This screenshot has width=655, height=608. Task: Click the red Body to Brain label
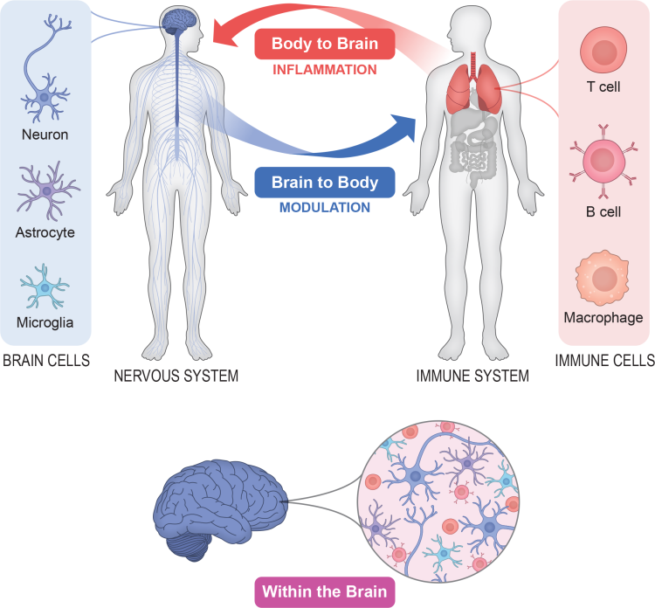pos(324,44)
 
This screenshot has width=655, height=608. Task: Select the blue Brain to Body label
pos(324,182)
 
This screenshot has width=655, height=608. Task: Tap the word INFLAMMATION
pos(324,69)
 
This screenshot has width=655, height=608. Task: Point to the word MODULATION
pos(324,207)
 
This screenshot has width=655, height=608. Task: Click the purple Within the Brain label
pos(324,591)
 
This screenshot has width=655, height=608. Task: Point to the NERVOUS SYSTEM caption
pos(176,377)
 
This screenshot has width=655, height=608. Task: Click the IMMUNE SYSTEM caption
pos(471,377)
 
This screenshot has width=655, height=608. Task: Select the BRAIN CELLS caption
pos(45,361)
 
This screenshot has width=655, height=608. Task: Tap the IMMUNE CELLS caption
pos(604,361)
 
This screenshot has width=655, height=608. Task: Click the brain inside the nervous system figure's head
pos(178,21)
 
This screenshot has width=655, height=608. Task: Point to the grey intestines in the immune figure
pos(472,155)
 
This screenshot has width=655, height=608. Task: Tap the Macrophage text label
pos(603,318)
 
